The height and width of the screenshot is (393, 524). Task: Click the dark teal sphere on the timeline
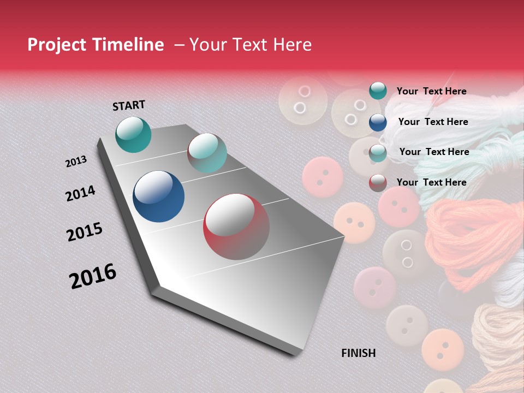[133, 134]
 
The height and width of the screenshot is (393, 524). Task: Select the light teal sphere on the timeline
[207, 153]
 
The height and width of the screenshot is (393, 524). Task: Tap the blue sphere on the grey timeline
[158, 196]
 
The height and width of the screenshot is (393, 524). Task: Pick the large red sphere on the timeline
[236, 227]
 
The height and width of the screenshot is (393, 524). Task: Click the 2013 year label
[76, 162]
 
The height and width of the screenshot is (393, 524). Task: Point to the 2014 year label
[80, 194]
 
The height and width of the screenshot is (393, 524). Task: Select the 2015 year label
[85, 232]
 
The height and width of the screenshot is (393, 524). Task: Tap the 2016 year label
[93, 276]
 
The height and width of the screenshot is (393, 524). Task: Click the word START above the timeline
[129, 105]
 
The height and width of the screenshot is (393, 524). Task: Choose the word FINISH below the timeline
[358, 353]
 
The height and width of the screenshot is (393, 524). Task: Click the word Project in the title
[57, 45]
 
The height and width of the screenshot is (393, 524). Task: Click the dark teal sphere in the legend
[378, 91]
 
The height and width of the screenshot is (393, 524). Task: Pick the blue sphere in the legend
[378, 122]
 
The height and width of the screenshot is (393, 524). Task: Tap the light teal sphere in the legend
[378, 153]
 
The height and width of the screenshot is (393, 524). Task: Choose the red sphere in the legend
[378, 183]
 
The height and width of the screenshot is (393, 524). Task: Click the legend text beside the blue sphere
[433, 122]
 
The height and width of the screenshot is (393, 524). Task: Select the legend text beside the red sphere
[431, 182]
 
